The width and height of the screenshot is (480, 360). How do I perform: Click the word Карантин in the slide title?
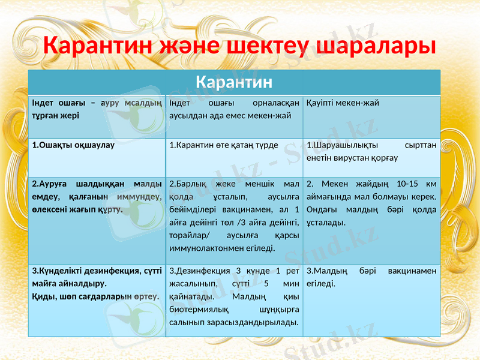tap(102, 46)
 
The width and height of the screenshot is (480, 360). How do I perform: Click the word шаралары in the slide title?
tap(376, 46)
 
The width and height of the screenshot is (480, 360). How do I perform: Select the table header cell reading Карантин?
tap(235, 81)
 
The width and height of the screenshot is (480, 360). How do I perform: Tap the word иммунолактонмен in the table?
tap(210, 247)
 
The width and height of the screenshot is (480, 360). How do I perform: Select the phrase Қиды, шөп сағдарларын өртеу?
tap(95, 296)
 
